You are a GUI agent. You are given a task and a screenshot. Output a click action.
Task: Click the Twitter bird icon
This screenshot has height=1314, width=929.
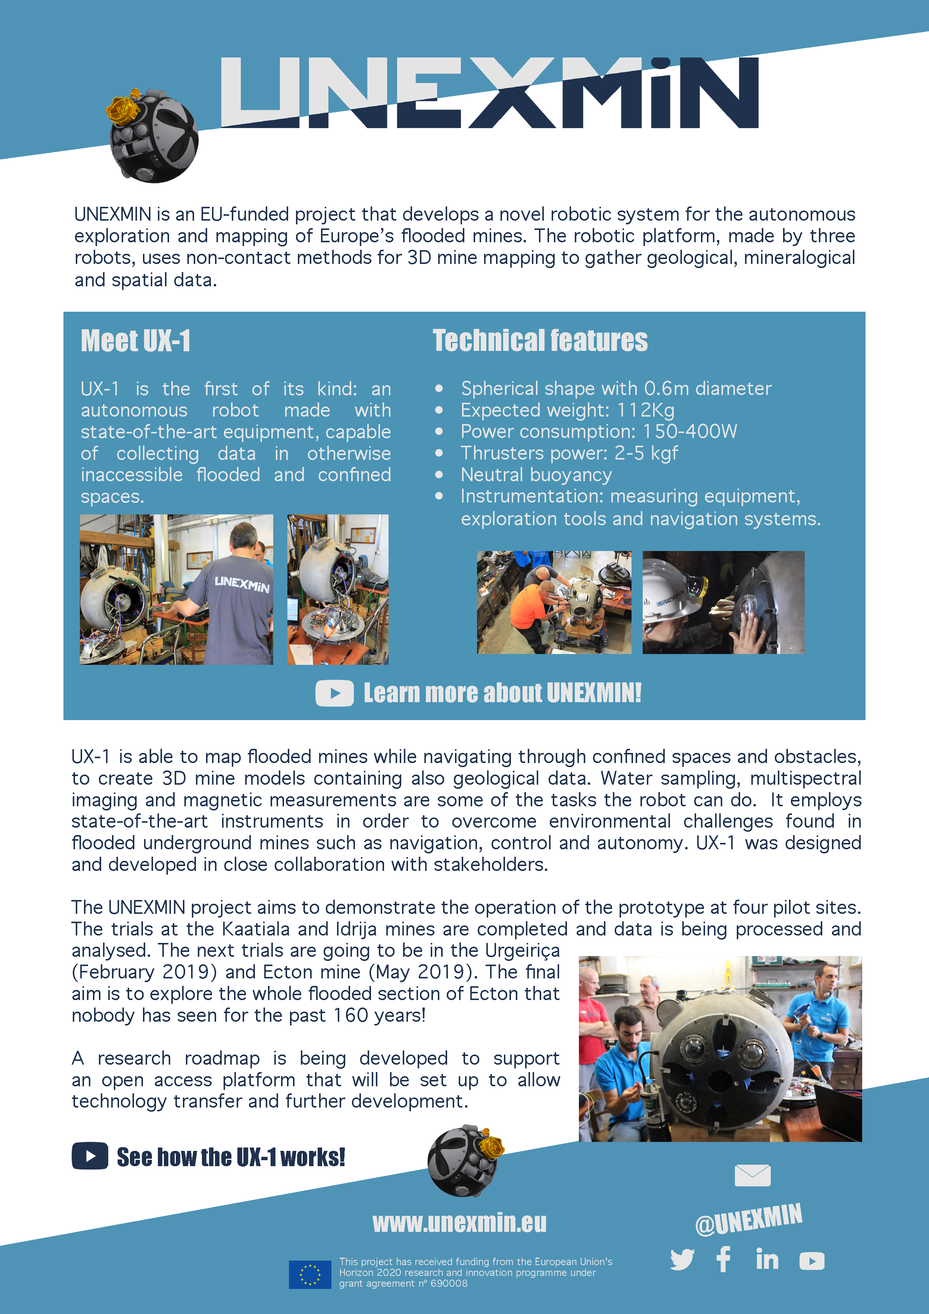point(682,1259)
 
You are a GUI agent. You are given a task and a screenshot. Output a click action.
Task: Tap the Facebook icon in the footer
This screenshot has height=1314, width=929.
point(724,1259)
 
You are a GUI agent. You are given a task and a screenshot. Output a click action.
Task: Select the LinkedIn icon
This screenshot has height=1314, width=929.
point(767,1259)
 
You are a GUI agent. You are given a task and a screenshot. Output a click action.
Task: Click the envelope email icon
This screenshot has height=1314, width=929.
point(752,1176)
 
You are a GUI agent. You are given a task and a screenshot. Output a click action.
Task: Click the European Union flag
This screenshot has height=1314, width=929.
point(309,1274)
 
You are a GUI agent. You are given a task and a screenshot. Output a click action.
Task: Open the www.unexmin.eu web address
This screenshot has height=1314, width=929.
point(459,1223)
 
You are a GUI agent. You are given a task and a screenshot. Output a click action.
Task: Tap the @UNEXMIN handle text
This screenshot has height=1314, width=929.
point(748,1220)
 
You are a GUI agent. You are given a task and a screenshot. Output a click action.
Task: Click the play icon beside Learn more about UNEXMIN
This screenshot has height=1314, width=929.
point(335,693)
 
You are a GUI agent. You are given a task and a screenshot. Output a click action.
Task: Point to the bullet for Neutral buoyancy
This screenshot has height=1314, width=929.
point(439,474)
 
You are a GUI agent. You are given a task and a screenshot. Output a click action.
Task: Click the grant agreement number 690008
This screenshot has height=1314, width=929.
point(449,1283)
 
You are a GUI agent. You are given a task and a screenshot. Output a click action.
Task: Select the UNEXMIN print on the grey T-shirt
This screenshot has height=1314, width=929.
point(242,584)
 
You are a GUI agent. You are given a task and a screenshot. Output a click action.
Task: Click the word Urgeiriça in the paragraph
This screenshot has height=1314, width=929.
point(522,950)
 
